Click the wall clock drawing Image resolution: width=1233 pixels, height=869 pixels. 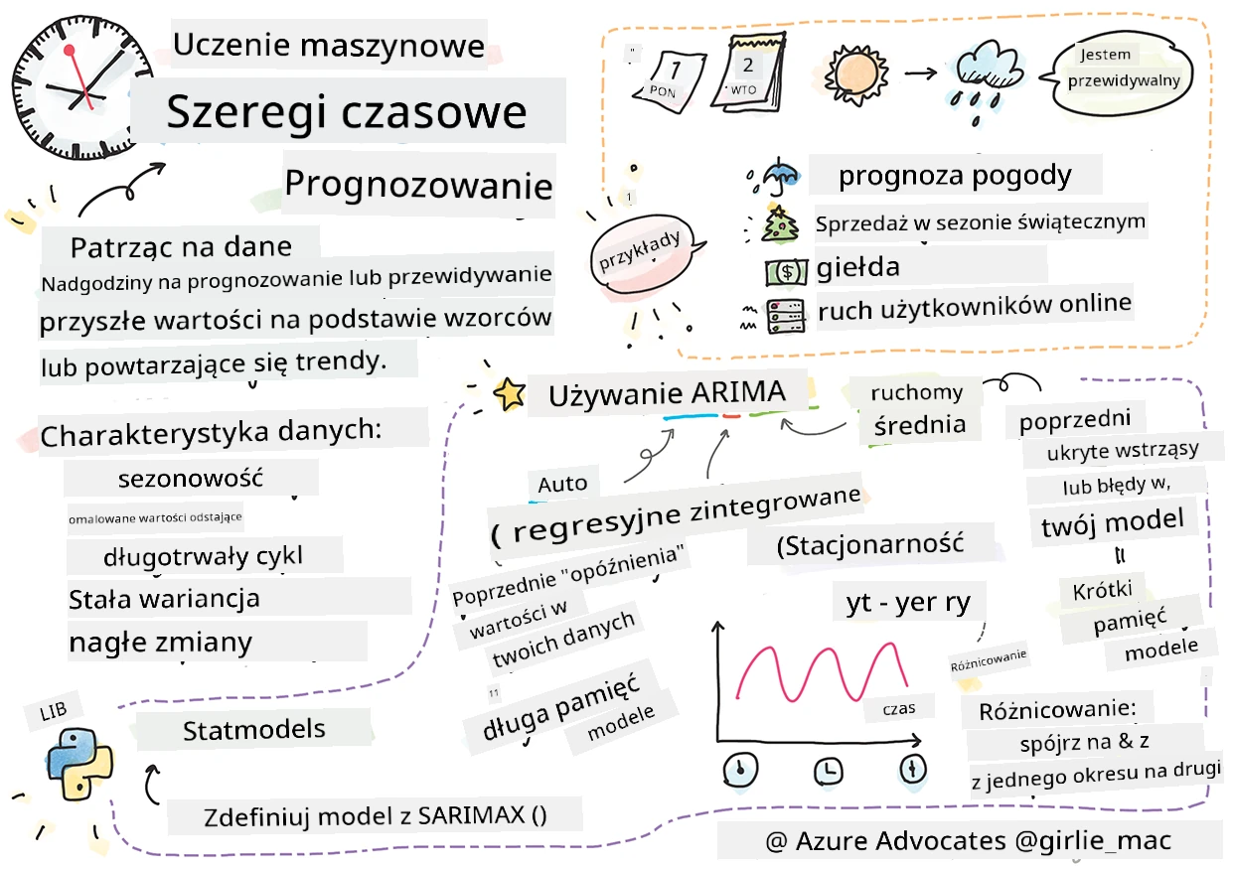tap(82, 88)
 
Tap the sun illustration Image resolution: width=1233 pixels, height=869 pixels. tap(855, 74)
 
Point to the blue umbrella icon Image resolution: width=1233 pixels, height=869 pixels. tap(779, 175)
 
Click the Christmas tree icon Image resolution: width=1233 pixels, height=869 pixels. tap(779, 223)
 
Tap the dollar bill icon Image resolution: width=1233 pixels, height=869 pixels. tap(787, 272)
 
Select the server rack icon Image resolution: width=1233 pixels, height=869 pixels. tap(786, 316)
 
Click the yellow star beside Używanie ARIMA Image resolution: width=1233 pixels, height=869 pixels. tap(510, 394)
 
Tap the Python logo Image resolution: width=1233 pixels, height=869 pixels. tap(80, 764)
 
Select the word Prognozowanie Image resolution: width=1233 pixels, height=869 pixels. tap(418, 185)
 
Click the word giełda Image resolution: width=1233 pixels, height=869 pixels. tap(857, 268)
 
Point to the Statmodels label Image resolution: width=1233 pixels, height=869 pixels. tap(253, 730)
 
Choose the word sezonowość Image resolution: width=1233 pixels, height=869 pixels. tap(191, 479)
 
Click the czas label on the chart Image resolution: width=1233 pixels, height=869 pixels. tap(899, 708)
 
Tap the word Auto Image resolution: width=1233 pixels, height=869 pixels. tap(562, 485)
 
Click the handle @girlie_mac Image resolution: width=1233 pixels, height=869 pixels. tap(1093, 841)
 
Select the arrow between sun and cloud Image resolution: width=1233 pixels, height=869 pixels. tap(920, 72)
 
